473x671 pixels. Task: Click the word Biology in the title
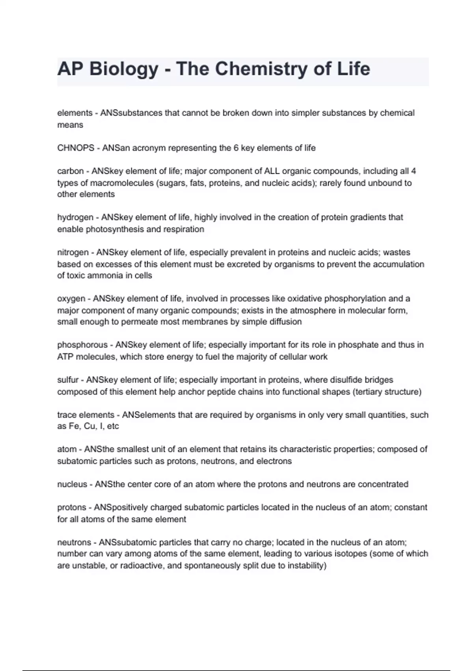[123, 69]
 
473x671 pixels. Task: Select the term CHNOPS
[76, 148]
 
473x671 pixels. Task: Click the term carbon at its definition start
[70, 171]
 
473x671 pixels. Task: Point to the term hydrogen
[75, 217]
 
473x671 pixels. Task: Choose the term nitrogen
[73, 253]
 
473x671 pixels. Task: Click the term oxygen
[71, 299]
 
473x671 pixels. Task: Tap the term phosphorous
[82, 345]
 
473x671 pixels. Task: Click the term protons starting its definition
[71, 508]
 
